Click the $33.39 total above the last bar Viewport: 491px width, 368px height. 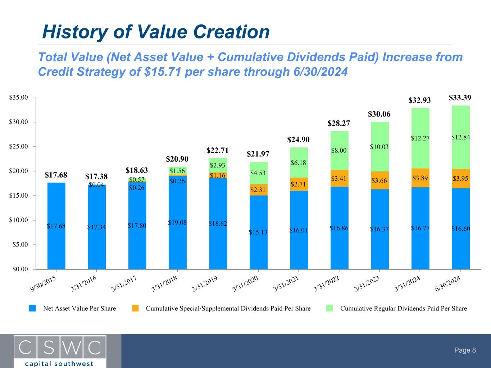click(x=460, y=97)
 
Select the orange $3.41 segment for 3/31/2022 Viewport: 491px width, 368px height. click(x=339, y=178)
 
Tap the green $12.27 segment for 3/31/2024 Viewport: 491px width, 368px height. click(x=420, y=138)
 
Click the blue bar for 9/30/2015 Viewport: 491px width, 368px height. click(x=56, y=226)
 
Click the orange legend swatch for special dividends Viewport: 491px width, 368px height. click(x=135, y=308)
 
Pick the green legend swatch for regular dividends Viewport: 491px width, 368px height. click(x=329, y=308)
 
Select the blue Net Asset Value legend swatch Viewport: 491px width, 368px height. click(x=33, y=308)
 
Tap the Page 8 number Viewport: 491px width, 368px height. click(x=465, y=350)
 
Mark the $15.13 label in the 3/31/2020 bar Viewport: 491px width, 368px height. click(x=258, y=232)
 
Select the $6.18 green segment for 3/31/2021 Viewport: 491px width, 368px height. click(x=299, y=163)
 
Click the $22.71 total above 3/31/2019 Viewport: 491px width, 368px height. click(x=218, y=149)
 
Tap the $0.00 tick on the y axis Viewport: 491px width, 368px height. click(x=20, y=269)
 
